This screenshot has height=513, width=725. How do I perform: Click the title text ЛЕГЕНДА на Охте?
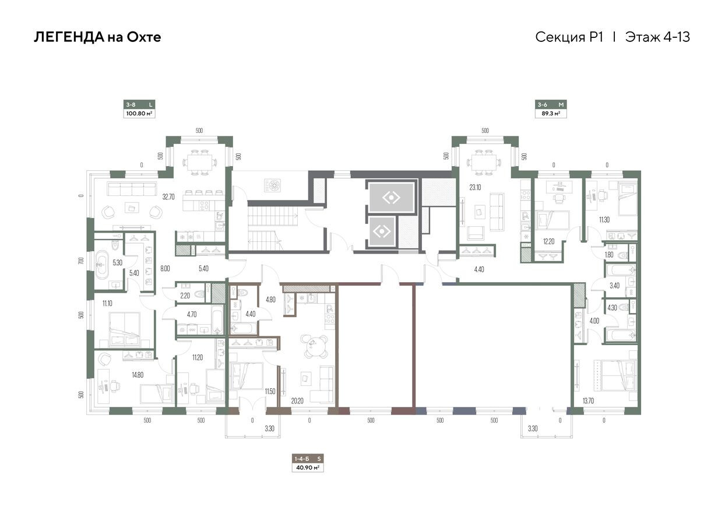(x=97, y=37)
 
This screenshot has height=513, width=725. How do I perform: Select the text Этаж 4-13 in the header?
(x=657, y=37)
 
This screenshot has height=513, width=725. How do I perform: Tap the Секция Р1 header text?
(x=568, y=37)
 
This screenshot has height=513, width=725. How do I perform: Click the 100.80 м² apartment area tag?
(x=139, y=114)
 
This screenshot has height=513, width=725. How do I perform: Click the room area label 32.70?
(x=168, y=197)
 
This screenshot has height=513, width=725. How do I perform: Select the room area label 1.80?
(x=610, y=254)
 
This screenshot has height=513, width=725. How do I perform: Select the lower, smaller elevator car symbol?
(x=381, y=231)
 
